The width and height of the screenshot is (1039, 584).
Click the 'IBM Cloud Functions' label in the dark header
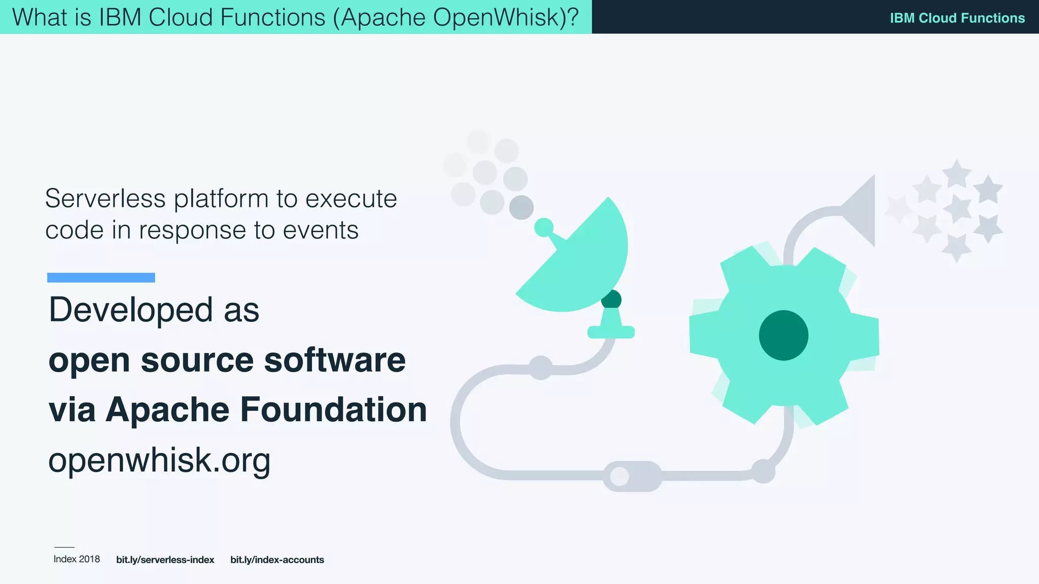[x=957, y=18]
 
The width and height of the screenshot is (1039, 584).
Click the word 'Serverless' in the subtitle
[x=105, y=198]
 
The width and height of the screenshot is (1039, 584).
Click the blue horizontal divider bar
[x=101, y=277]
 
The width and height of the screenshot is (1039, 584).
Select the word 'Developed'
[x=131, y=310]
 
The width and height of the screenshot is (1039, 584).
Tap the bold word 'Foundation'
[x=333, y=410]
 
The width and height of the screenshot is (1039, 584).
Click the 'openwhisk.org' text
[x=159, y=460]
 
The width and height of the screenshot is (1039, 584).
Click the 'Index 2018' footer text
[x=77, y=559]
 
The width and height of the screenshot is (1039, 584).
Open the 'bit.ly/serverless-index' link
[x=165, y=560]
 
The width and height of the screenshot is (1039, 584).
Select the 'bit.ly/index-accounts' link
[x=277, y=560]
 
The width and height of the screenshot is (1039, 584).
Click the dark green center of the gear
[x=783, y=335]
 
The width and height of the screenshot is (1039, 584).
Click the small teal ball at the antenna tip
[x=544, y=227]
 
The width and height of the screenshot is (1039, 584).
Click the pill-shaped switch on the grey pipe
[x=632, y=476]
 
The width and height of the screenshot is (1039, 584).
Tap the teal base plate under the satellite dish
[x=611, y=332]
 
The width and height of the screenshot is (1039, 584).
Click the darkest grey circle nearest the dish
[x=521, y=207]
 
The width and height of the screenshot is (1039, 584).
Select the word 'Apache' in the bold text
[x=167, y=410]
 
